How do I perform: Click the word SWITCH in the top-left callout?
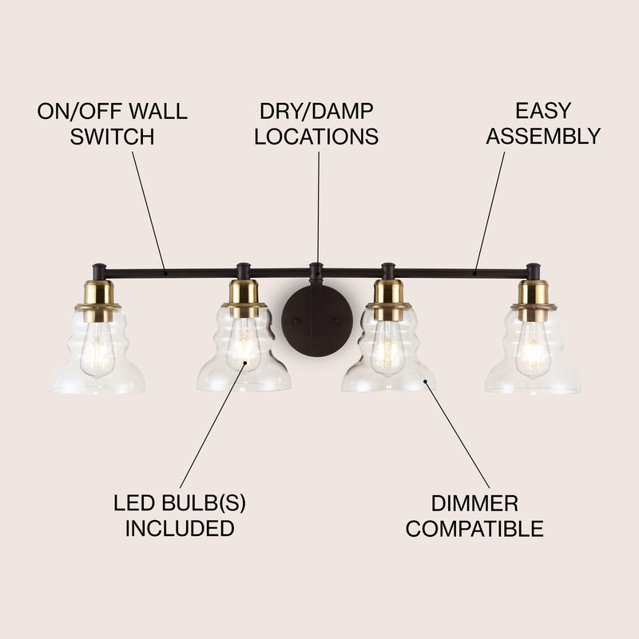click(112, 137)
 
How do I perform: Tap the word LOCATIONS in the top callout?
click(316, 137)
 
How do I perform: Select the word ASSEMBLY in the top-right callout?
click(543, 136)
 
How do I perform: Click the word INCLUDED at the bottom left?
click(180, 528)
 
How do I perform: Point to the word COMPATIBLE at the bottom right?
click(474, 529)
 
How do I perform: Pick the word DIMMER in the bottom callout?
click(474, 503)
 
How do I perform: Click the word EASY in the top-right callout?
click(543, 110)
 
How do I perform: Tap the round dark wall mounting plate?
click(317, 321)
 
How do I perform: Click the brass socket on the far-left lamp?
click(98, 300)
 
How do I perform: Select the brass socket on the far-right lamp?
click(533, 300)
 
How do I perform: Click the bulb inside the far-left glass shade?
click(97, 347)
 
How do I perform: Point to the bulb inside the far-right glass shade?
click(532, 347)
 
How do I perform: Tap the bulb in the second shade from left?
click(244, 344)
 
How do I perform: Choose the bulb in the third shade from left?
click(387, 347)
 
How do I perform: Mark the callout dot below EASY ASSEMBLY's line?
click(474, 273)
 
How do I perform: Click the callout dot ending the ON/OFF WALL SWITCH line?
click(165, 273)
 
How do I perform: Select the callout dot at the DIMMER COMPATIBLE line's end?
click(425, 382)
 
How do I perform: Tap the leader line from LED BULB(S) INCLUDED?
click(212, 425)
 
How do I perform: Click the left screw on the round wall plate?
click(298, 320)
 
